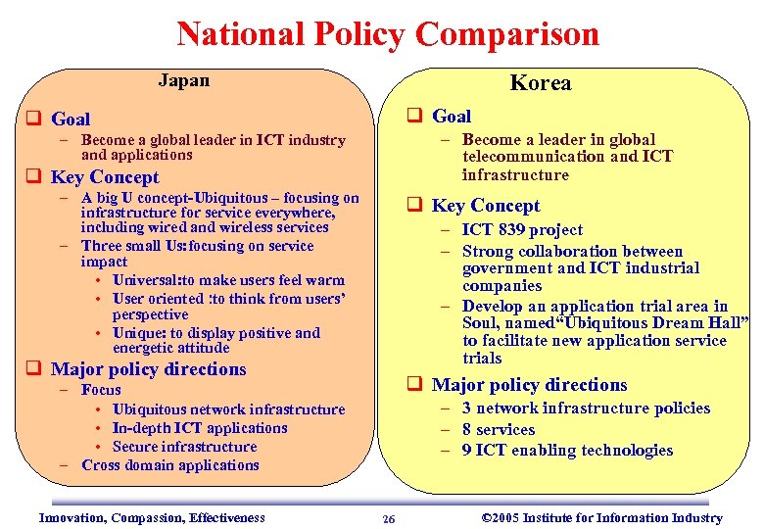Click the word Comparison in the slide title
click(506, 34)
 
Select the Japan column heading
click(183, 80)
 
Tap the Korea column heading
click(541, 83)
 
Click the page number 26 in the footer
click(389, 519)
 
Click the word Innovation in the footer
click(71, 518)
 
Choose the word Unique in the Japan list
click(138, 333)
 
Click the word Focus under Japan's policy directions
click(102, 390)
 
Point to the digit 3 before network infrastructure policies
click(467, 409)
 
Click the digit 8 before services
click(467, 430)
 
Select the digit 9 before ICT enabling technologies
click(467, 451)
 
